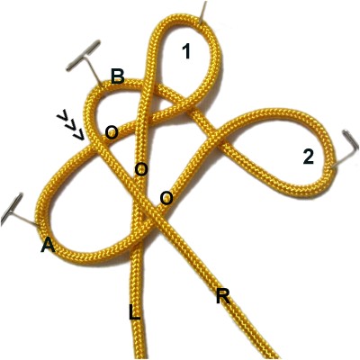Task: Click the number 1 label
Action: pyautogui.click(x=186, y=51)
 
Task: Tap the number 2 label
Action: pyautogui.click(x=308, y=157)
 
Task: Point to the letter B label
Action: pyautogui.click(x=118, y=76)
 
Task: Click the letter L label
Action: pyautogui.click(x=134, y=313)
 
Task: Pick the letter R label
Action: pyautogui.click(x=223, y=297)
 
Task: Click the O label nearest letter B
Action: pyautogui.click(x=111, y=132)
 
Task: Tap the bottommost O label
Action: pyautogui.click(x=166, y=198)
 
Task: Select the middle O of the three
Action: pyautogui.click(x=141, y=169)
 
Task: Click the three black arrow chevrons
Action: pyautogui.click(x=70, y=126)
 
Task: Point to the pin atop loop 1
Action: pyautogui.click(x=202, y=12)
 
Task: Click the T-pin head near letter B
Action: pyautogui.click(x=83, y=55)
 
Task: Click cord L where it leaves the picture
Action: pyautogui.click(x=139, y=357)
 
